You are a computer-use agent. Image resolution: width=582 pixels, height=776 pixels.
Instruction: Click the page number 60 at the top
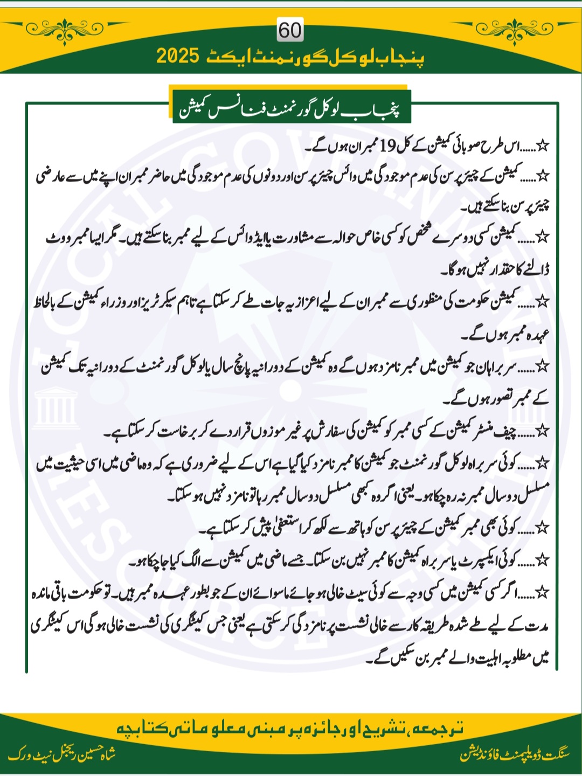290,30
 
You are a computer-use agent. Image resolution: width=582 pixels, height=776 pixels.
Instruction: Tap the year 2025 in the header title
178,56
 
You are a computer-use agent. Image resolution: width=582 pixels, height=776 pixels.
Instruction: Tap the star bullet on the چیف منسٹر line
543,431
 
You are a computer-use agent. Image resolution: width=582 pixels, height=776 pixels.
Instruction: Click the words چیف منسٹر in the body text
496,431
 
